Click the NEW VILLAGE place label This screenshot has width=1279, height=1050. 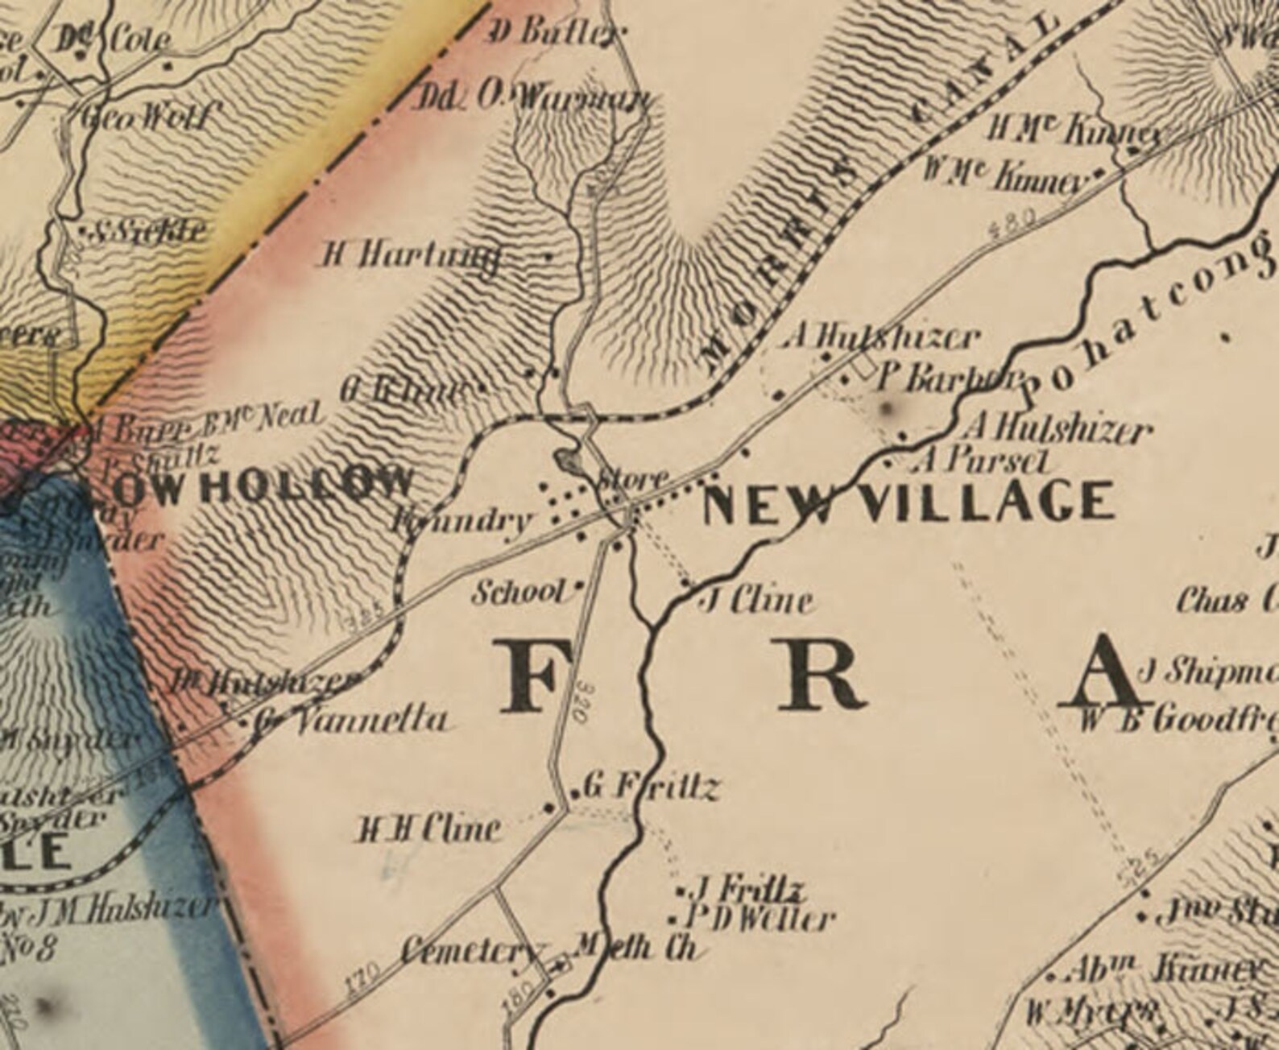tap(909, 502)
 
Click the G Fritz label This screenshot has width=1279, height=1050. tap(649, 787)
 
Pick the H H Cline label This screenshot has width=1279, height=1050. tap(430, 829)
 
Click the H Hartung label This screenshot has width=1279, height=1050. tap(411, 257)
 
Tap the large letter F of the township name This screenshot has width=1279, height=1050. tap(529, 675)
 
